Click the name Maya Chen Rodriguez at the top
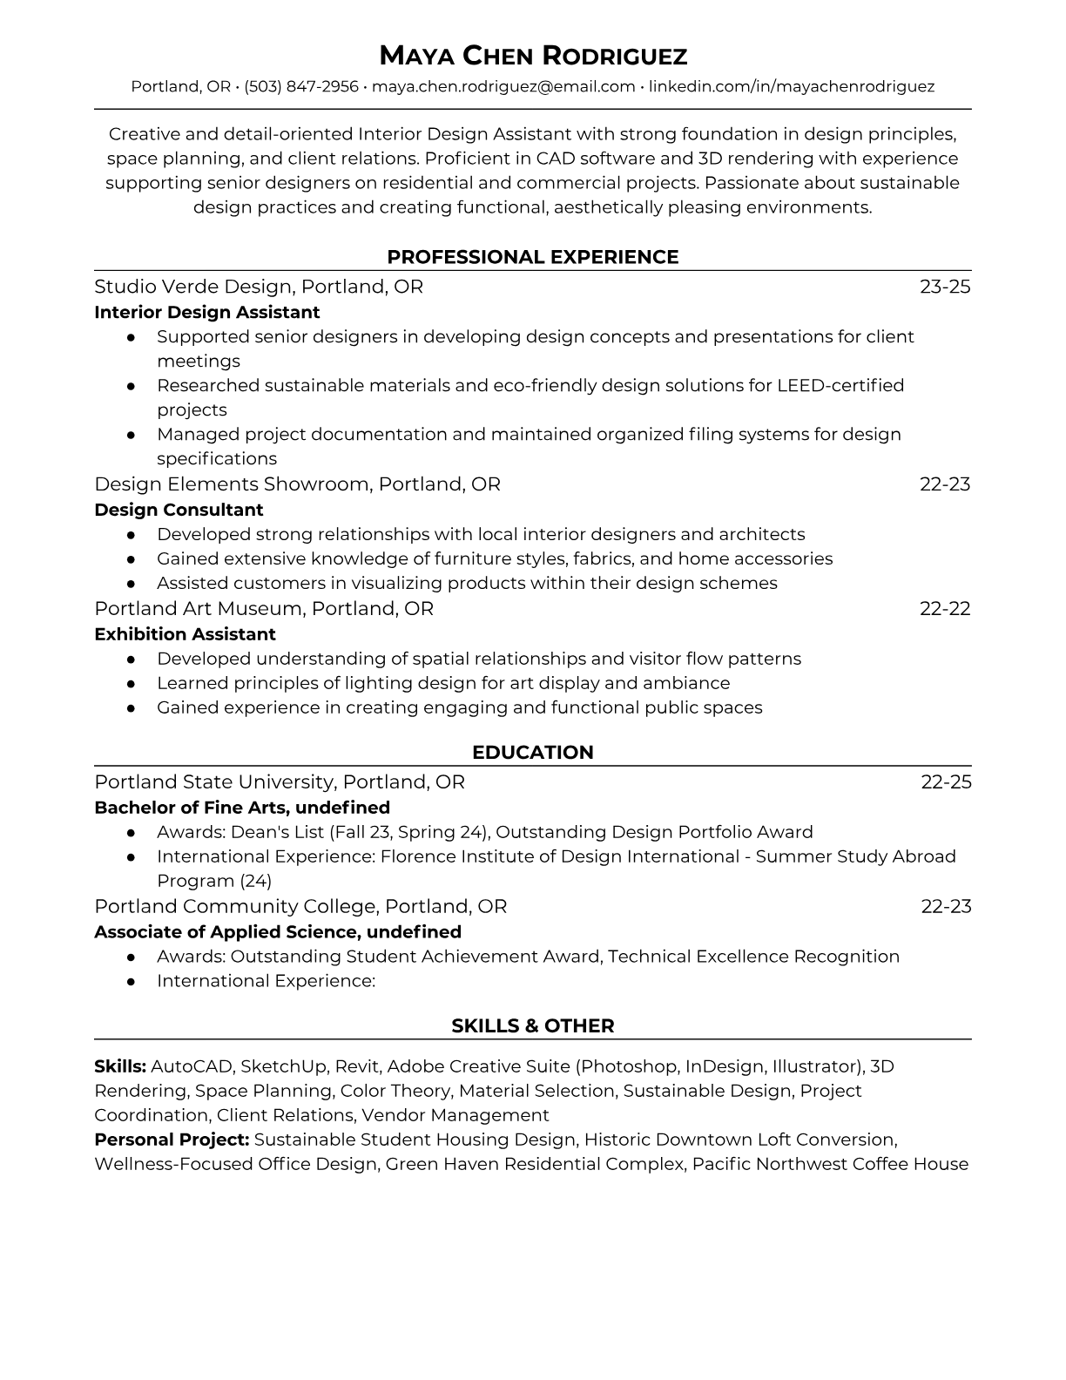533,57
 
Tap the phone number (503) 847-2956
301,86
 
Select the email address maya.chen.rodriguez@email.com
503,86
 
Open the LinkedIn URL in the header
792,86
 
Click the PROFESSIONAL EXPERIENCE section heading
533,257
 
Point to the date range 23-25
945,287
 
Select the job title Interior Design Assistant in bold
207,312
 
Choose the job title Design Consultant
179,510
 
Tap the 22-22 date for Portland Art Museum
945,608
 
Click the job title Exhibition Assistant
185,634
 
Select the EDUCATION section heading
533,753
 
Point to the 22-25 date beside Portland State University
946,782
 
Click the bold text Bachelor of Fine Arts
190,808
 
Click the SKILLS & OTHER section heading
533,1026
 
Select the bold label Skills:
120,1066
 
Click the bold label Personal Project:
172,1140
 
